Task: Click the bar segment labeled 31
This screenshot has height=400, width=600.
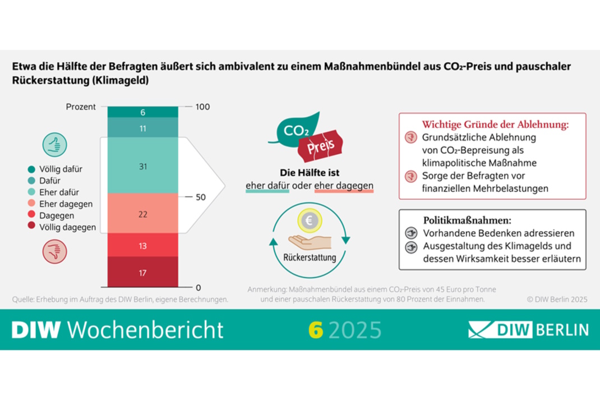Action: (142, 166)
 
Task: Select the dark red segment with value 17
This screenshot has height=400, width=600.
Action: (142, 273)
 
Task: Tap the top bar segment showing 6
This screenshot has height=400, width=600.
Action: (142, 113)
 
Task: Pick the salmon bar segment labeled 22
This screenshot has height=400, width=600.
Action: (142, 214)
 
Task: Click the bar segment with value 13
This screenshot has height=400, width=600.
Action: (142, 246)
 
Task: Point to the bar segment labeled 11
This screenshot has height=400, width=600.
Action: (142, 128)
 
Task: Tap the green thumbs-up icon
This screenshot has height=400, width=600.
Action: (55, 144)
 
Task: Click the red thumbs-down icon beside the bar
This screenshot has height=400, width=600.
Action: (55, 251)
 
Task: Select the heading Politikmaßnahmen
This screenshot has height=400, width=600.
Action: (467, 220)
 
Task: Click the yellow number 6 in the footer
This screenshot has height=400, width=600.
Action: (316, 329)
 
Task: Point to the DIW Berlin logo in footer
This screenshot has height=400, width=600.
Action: (528, 329)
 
